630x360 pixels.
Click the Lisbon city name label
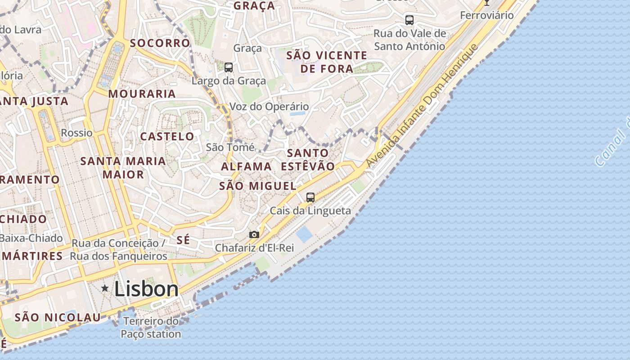146,289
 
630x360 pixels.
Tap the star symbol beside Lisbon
105,288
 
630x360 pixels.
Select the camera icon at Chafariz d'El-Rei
254,234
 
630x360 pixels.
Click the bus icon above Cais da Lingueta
310,197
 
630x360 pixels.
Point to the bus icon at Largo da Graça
229,67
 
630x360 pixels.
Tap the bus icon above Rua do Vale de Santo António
409,20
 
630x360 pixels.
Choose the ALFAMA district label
246,166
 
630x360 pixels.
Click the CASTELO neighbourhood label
167,136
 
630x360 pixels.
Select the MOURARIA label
142,94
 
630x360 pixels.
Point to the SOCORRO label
160,43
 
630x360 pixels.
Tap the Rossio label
76,133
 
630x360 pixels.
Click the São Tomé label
230,147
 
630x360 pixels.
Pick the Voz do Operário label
269,107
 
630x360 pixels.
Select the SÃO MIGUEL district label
257,186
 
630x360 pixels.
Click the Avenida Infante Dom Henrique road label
421,106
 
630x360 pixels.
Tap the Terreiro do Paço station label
151,328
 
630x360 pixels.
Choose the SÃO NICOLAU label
58,317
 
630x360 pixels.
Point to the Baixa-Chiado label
31,238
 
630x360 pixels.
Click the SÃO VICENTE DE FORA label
327,62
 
